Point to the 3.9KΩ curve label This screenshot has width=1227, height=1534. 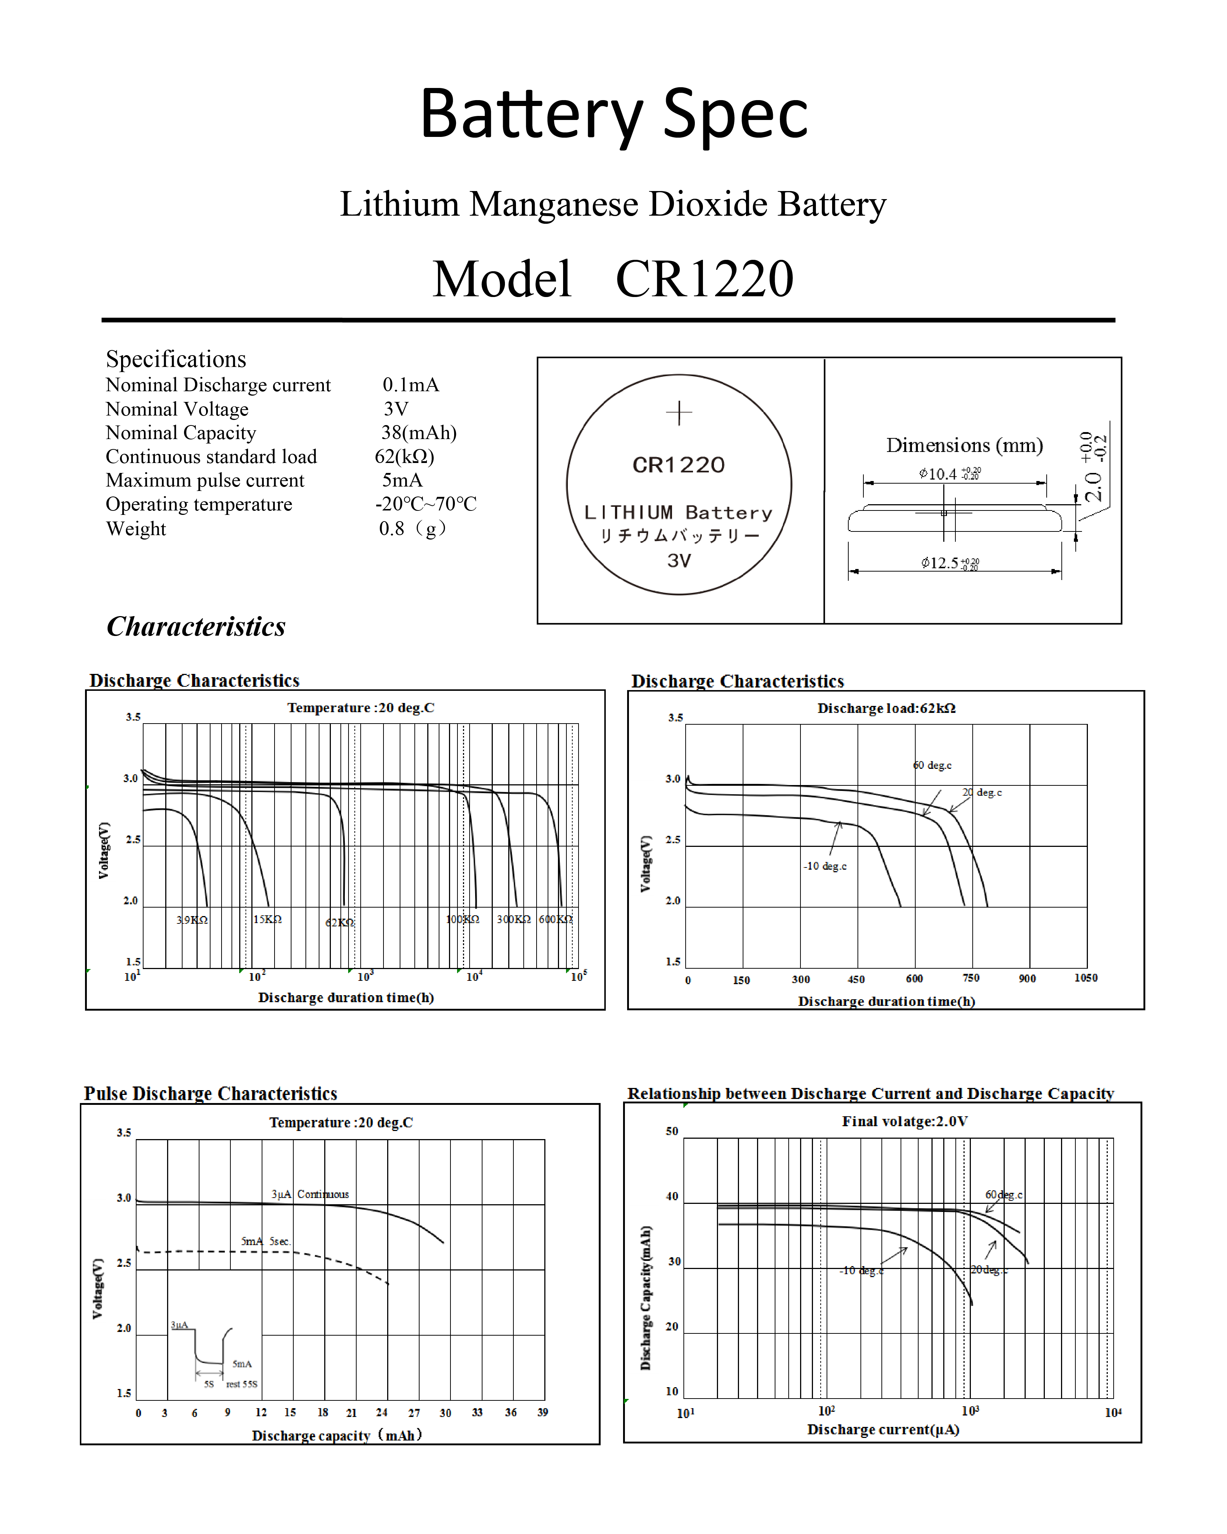tap(192, 920)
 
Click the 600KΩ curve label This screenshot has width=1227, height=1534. tap(555, 919)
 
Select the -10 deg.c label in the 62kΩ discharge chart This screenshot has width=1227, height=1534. tap(825, 866)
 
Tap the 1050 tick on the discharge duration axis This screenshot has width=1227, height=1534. tap(1085, 978)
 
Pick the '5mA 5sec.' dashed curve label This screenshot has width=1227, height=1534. tap(265, 1241)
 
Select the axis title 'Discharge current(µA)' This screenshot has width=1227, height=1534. tap(883, 1429)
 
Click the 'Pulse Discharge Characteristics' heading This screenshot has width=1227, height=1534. tap(211, 1093)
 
